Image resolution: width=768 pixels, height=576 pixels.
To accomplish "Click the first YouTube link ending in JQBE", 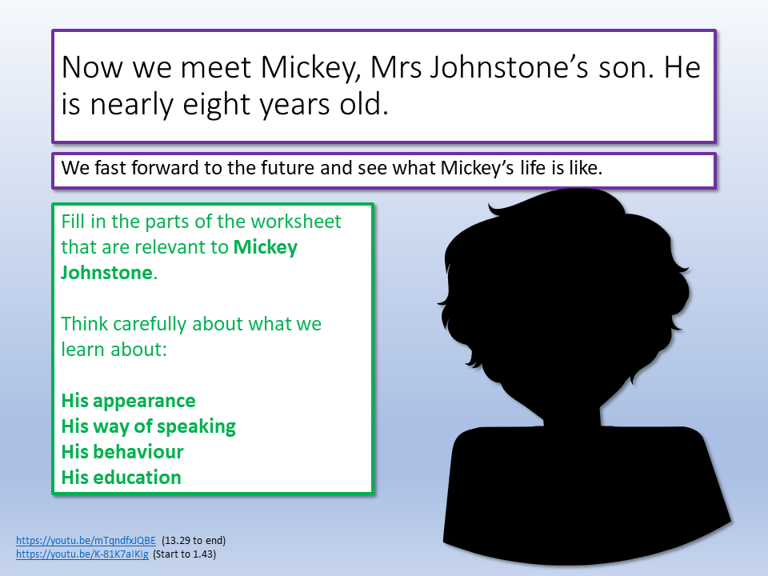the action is pos(86,540).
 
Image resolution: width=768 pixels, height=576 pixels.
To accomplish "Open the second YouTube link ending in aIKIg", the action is pos(82,554).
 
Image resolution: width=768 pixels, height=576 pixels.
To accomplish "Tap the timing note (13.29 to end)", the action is pos(194,540).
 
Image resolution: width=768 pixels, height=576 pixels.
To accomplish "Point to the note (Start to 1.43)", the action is pos(184,554).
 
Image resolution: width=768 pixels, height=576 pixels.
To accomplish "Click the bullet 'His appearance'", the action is pos(128,401).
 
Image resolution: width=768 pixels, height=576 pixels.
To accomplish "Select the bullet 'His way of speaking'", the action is pos(149,426).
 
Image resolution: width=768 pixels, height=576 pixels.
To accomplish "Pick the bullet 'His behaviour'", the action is pos(122,451).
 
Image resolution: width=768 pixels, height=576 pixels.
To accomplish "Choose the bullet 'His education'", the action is pos(122,477).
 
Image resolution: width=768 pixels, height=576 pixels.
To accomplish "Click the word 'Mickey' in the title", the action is pos(310,68).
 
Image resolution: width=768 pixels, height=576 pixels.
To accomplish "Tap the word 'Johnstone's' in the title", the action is pos(509,67).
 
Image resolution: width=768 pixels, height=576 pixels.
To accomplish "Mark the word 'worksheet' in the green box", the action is pos(296,222).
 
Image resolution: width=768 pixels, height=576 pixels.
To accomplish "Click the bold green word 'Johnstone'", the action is pos(106,273).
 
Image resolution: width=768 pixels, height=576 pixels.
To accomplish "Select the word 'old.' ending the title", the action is pos(365,104).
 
